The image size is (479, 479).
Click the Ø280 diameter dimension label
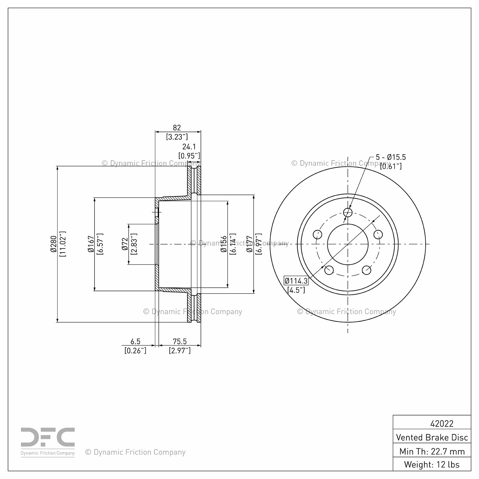(53, 244)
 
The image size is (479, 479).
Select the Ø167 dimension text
(91, 244)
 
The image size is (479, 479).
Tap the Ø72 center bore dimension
(125, 244)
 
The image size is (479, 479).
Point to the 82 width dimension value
(177, 127)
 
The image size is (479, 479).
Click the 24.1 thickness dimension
(189, 147)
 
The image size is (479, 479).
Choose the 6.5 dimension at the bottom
(135, 342)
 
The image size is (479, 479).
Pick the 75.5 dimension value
(180, 342)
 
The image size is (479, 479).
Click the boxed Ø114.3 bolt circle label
(296, 281)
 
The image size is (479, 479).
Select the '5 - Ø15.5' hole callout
(391, 157)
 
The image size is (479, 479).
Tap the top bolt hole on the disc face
(347, 212)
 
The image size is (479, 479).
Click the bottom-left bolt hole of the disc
(329, 270)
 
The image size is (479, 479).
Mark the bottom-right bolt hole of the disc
(367, 270)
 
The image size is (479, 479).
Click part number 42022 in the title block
(442, 423)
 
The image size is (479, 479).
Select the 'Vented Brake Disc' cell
(432, 437)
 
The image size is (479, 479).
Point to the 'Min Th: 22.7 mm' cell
(432, 451)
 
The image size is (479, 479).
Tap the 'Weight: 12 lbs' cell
(432, 464)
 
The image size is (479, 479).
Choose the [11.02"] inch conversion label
(62, 244)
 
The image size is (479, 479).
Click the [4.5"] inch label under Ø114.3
(296, 290)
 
